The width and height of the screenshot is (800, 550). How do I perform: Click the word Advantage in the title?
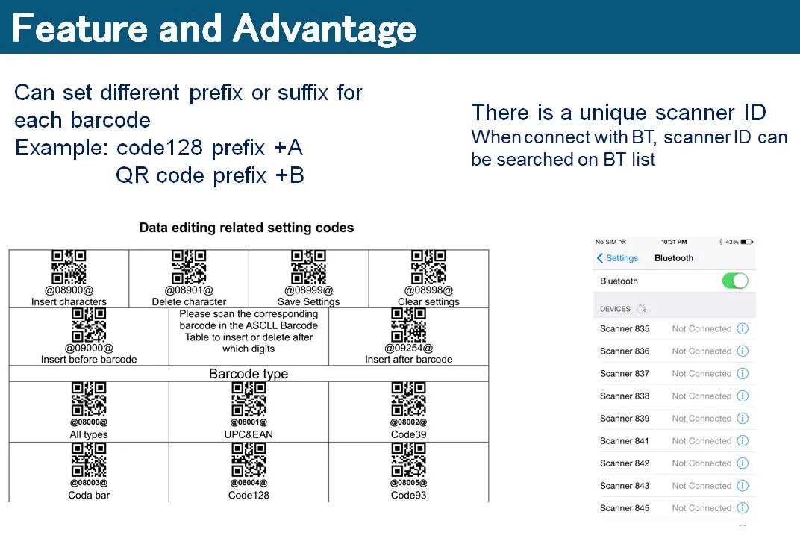(x=324, y=28)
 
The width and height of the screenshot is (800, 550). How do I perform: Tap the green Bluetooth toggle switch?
(x=735, y=281)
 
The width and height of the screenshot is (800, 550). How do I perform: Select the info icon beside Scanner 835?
(x=743, y=329)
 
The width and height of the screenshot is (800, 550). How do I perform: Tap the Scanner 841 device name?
(x=625, y=441)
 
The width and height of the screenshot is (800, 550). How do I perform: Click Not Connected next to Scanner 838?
(x=701, y=396)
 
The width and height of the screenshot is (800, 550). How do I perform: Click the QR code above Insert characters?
(x=69, y=267)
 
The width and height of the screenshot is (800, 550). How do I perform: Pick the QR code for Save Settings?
(x=308, y=267)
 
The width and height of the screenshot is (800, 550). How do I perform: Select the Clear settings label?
(x=428, y=302)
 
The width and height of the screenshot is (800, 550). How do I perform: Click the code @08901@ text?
(x=189, y=290)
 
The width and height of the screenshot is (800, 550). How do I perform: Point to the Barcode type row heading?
(x=249, y=374)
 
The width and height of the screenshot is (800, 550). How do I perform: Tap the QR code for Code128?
(x=249, y=459)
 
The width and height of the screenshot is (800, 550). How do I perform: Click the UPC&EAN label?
(x=249, y=434)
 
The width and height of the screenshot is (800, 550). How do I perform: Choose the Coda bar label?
(x=89, y=495)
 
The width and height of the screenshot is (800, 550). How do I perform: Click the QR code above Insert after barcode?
(x=408, y=325)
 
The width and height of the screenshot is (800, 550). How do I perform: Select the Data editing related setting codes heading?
(x=246, y=228)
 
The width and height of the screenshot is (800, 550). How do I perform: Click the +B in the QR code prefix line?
(x=289, y=176)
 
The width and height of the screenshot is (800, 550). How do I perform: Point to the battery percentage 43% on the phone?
(x=731, y=242)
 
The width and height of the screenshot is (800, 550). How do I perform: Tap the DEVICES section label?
(x=615, y=309)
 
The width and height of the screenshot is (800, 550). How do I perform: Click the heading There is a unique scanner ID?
(x=619, y=113)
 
